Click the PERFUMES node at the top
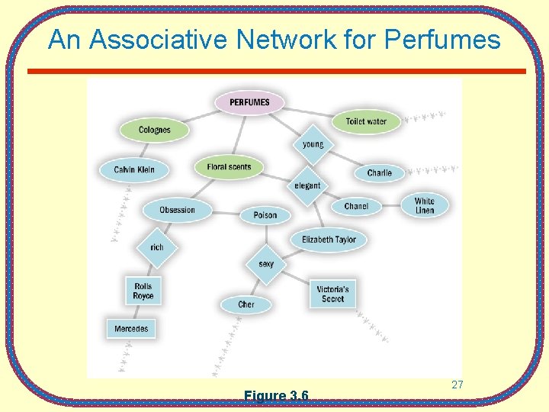coord(249,102)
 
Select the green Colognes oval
coord(155,130)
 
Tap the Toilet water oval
coord(366,121)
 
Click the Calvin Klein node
coord(134,169)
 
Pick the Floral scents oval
coord(229,167)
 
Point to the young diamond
coord(313,144)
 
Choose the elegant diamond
coord(308,185)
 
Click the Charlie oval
coord(379,173)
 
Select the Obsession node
coord(177,210)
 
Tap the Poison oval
coord(265,215)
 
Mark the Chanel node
coord(356,206)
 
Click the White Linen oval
coord(425,205)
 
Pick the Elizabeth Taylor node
coord(329,240)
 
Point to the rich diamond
coord(157,247)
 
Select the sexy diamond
coord(266,264)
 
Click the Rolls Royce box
coord(143,291)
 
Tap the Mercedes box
coord(131,329)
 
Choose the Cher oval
coord(246,304)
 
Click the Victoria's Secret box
coord(333,294)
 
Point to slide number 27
coord(457,385)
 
